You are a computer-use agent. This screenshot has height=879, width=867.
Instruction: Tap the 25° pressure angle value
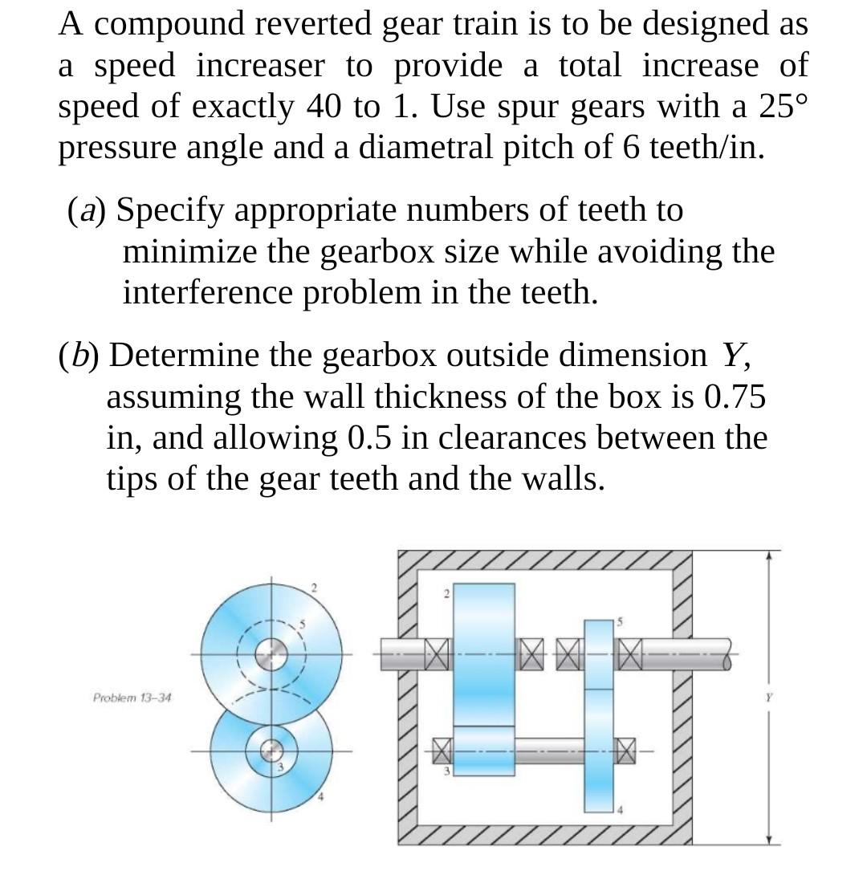tap(778, 107)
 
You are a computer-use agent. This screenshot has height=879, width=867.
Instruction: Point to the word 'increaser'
tap(259, 66)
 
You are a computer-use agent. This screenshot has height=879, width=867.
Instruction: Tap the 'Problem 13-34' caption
tap(132, 698)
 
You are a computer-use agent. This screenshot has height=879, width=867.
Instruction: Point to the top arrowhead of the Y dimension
tap(770, 555)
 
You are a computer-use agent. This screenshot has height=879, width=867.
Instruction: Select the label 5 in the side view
tap(619, 622)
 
